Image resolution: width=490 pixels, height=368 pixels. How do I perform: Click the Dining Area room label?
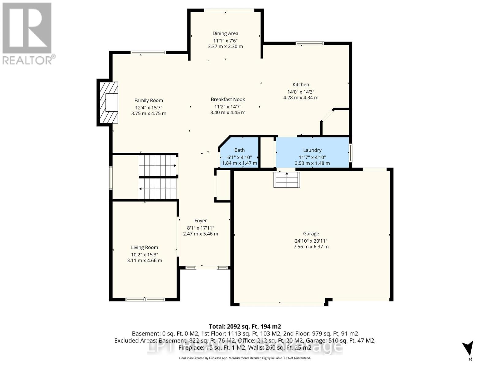coord(225,33)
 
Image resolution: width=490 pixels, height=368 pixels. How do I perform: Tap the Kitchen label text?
coord(301,85)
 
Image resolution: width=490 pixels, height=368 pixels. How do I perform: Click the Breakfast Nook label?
coord(228,99)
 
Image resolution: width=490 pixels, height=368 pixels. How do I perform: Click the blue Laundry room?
coord(312,152)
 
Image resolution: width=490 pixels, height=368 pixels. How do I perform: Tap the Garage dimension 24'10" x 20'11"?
coord(311,241)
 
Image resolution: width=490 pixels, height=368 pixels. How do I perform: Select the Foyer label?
coord(201,220)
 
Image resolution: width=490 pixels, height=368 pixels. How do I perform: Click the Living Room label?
coord(145,247)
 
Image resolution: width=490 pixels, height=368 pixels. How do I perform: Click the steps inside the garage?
coord(287,180)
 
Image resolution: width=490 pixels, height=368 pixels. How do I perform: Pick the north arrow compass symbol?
coord(468,349)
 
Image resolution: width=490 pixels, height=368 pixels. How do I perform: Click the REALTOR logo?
coord(28,34)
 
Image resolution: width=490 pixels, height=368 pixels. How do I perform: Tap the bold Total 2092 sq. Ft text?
coord(245,327)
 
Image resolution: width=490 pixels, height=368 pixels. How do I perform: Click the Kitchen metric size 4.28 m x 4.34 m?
coord(301,98)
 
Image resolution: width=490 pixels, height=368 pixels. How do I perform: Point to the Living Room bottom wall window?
coord(145,299)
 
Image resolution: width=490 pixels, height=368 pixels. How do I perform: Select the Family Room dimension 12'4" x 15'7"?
coord(149,107)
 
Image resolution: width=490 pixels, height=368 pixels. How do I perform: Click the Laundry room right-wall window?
coord(350,152)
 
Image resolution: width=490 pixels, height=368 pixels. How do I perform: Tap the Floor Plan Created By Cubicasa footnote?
coord(245,358)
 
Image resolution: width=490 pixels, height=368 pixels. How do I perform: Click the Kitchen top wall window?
coord(309,43)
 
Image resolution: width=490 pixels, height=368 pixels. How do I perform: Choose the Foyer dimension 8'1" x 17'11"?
coord(201,228)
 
